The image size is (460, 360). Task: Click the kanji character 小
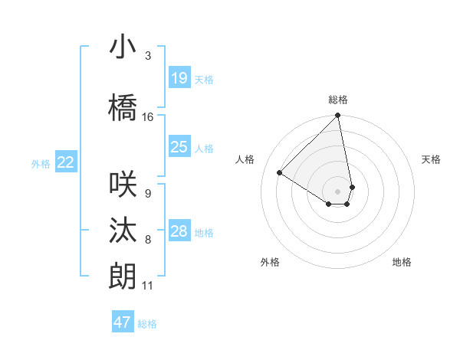point(123,47)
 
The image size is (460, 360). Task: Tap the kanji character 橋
point(123,108)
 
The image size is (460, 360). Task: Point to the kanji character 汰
point(123,231)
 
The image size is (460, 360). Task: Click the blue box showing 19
point(179,78)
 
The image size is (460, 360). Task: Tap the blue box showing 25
point(179,147)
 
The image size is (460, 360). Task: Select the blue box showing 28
point(179,231)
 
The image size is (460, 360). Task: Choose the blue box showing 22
point(66,162)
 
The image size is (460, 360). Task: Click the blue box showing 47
point(123,322)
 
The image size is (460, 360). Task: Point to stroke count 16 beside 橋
point(148,117)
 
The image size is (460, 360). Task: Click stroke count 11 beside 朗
point(148,286)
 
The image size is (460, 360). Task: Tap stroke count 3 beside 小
point(148,56)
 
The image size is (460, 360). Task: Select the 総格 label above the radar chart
point(338,100)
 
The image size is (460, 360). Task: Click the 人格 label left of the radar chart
point(245,159)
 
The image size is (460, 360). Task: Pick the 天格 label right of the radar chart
point(431,159)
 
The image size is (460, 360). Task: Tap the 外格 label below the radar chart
point(270,262)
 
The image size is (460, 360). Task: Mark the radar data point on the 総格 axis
point(338,116)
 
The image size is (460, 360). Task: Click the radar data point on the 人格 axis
point(280,172)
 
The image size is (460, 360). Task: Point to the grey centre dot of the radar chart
point(338,191)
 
